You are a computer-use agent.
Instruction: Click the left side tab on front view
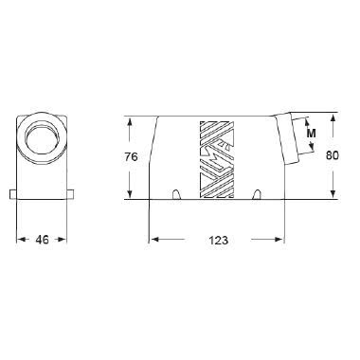[12, 196]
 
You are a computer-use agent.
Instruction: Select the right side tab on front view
[72, 196]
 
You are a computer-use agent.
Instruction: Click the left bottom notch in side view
[177, 195]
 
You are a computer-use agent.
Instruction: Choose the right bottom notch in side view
[258, 195]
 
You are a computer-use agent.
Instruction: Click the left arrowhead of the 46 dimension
[22, 240]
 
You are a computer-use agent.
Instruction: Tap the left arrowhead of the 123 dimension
[153, 240]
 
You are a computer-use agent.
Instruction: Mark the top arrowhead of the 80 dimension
[333, 117]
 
